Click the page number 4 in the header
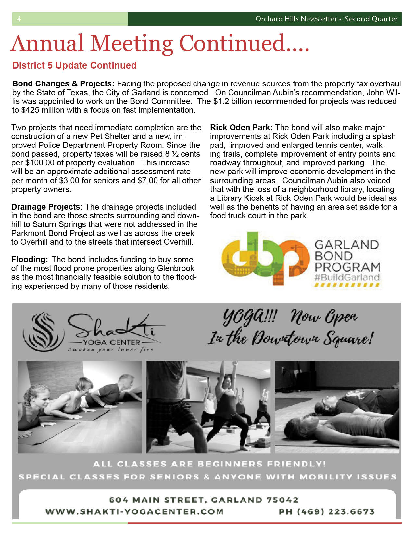[19, 19]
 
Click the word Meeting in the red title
[131, 44]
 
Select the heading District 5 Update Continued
[74, 65]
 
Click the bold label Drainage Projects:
[47, 207]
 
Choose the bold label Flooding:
[30, 260]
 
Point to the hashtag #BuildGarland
[346, 277]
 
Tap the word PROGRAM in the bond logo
[347, 267]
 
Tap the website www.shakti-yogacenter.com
[134, 512]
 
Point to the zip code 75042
[282, 500]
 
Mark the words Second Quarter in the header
[371, 19]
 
